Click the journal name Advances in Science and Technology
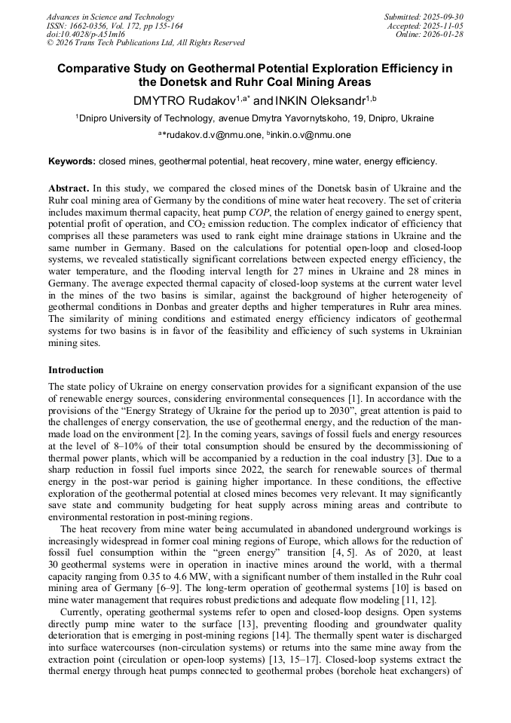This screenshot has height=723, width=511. point(110,17)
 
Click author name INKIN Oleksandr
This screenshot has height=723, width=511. point(317,100)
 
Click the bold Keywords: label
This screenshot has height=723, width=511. point(72,161)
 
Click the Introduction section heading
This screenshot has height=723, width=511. point(76,370)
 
